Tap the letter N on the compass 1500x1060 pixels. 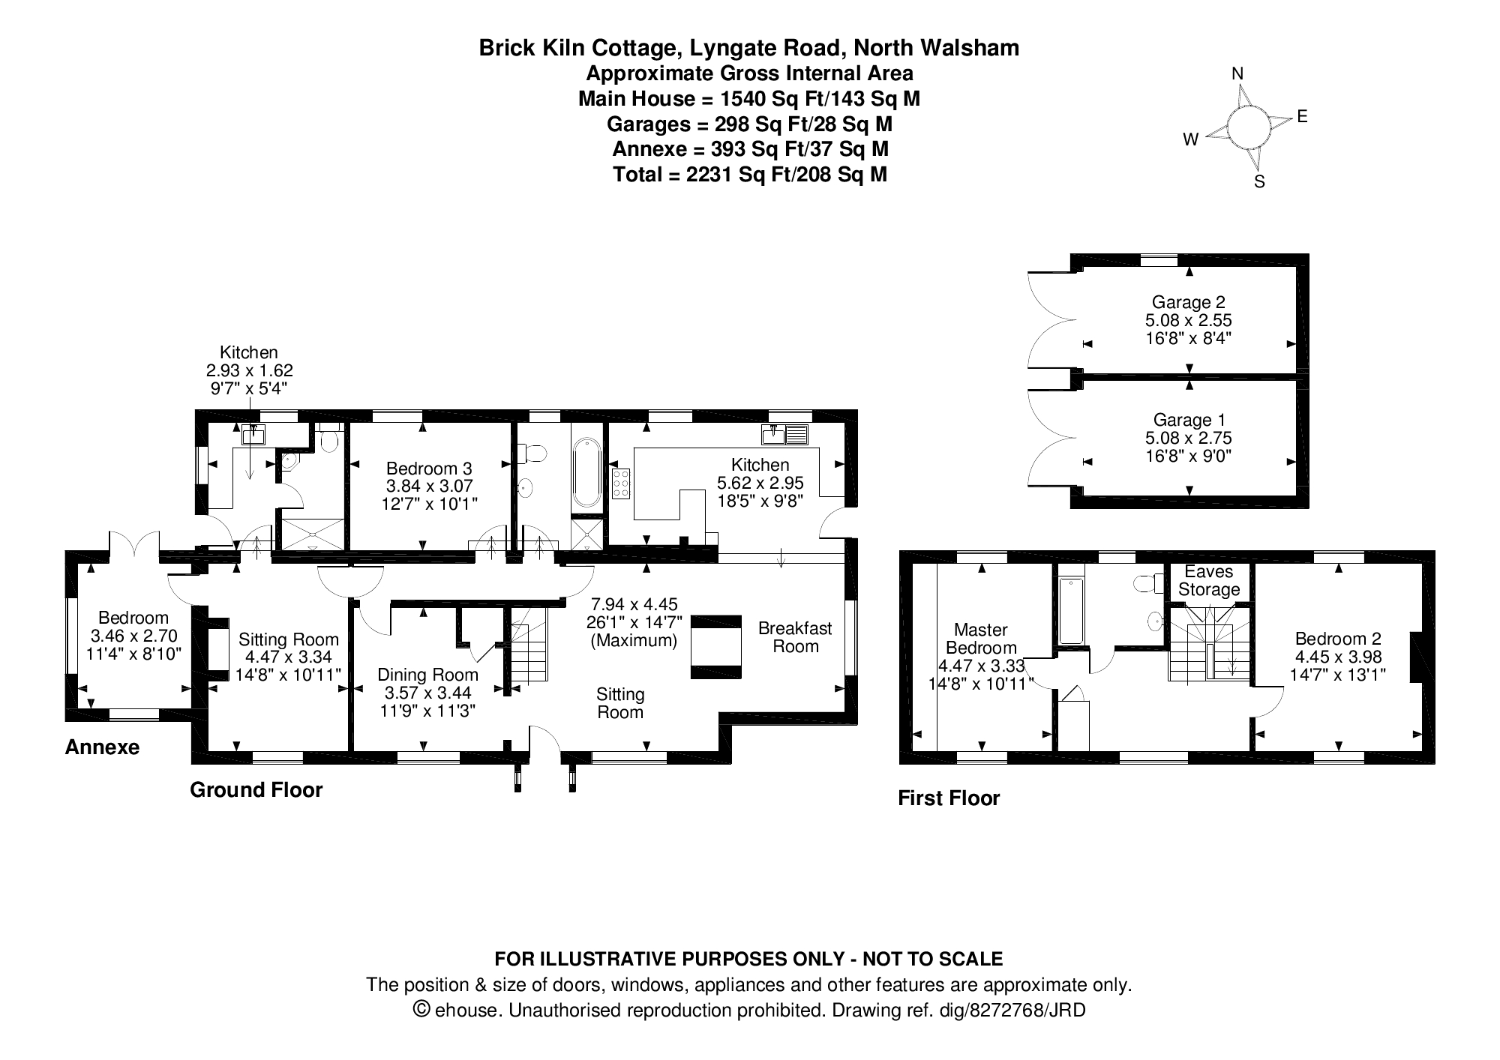(1238, 73)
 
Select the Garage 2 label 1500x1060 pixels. (1188, 302)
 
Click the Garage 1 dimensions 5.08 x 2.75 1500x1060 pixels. (1188, 438)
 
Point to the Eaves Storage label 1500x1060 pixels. (1209, 581)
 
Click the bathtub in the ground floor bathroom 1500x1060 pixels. (586, 474)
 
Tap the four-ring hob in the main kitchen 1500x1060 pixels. (621, 484)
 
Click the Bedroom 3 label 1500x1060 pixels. (427, 469)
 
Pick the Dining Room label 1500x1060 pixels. (427, 675)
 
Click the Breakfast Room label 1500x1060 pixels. (795, 637)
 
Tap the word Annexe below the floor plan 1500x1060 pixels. (102, 747)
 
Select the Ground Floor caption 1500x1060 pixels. (256, 790)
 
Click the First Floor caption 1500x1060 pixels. (949, 798)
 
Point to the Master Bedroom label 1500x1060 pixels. (981, 639)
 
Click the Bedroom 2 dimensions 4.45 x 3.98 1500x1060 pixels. (1338, 657)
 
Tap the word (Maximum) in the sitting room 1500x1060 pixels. (634, 640)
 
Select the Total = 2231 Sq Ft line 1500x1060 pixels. (750, 175)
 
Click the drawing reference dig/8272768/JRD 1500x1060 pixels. (1012, 1011)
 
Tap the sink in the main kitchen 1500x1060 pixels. (784, 434)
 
